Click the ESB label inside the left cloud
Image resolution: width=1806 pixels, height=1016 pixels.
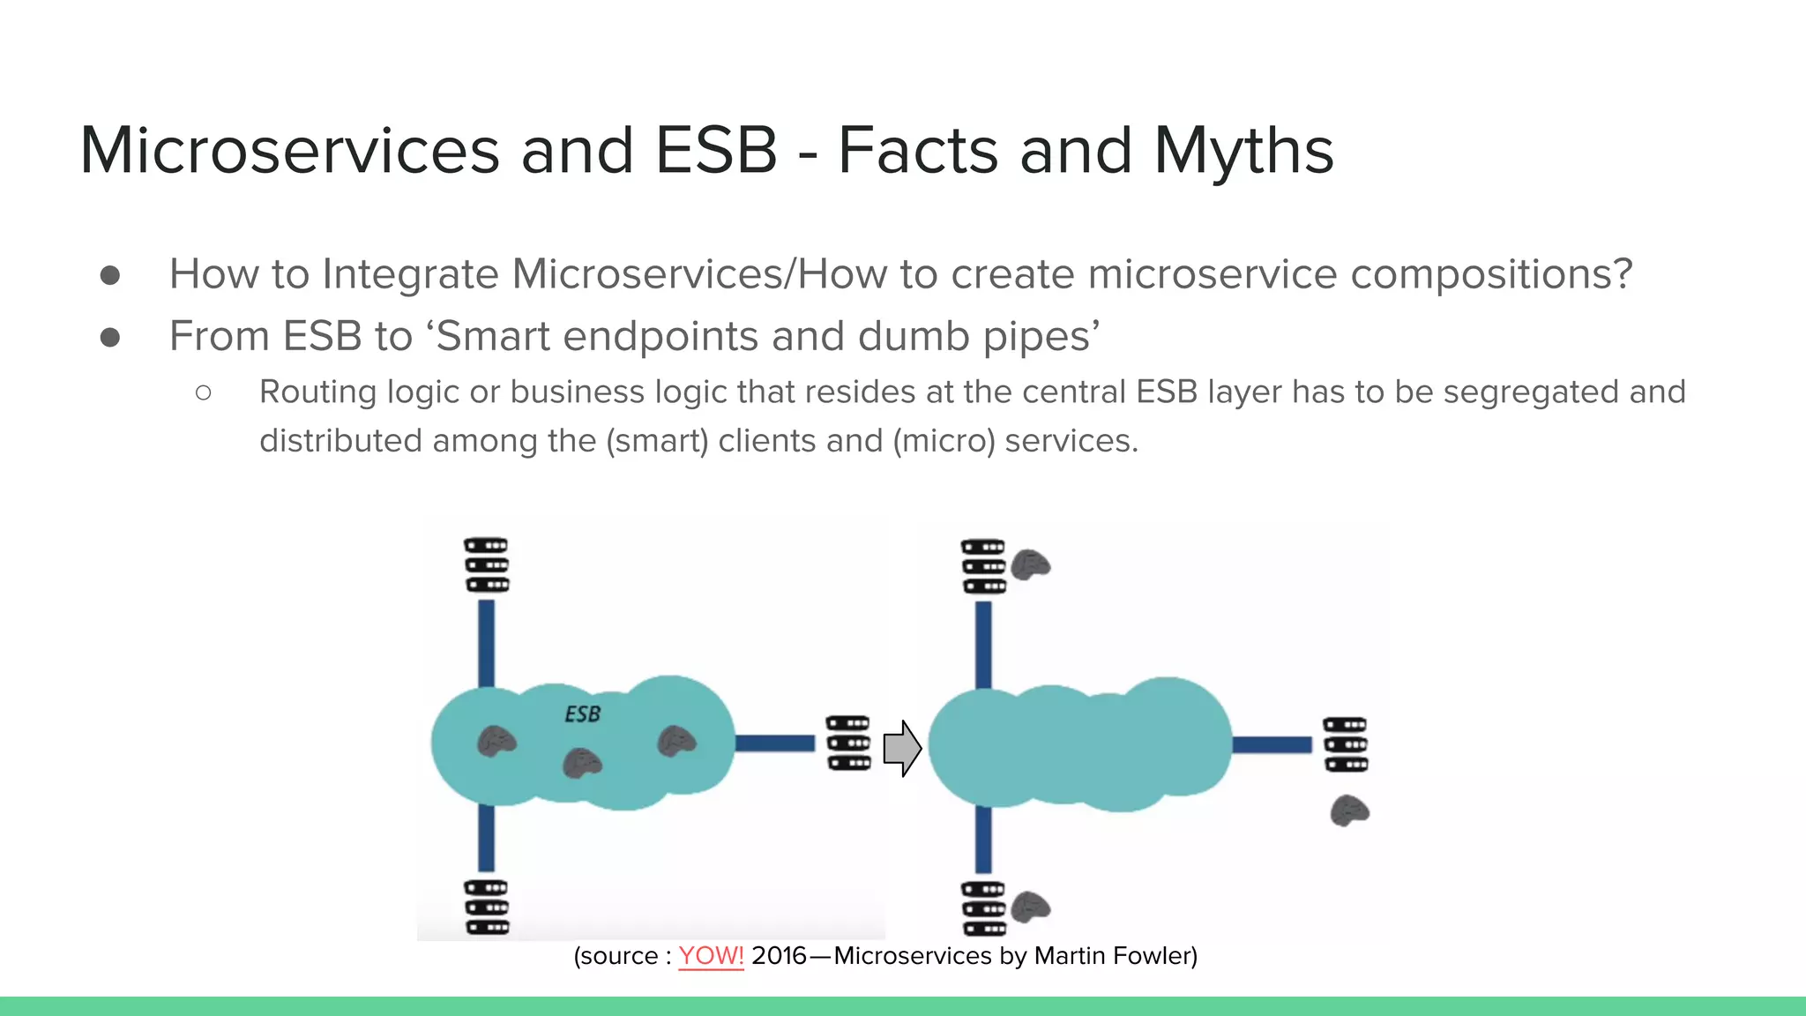click(x=582, y=713)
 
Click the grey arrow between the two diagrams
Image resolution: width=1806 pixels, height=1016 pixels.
click(x=902, y=748)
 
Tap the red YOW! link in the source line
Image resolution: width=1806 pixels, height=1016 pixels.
click(x=711, y=956)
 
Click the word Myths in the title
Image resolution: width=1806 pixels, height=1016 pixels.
click(x=1243, y=151)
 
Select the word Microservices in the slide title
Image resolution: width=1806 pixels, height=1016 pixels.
click(x=290, y=151)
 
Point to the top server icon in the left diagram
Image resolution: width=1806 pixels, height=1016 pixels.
click(x=487, y=565)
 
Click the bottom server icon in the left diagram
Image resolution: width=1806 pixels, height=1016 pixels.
click(x=487, y=907)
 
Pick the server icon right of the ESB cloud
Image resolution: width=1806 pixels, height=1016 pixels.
click(x=848, y=743)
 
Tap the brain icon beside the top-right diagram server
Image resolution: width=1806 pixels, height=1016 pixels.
click(x=1030, y=564)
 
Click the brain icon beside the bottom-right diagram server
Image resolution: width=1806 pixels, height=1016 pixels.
click(x=1030, y=907)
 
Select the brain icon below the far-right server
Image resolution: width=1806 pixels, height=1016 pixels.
click(x=1349, y=810)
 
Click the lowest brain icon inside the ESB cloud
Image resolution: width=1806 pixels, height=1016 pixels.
click(x=582, y=763)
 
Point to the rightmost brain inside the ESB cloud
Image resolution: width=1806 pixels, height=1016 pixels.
click(x=676, y=742)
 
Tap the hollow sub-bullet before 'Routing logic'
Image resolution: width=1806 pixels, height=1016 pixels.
click(x=204, y=392)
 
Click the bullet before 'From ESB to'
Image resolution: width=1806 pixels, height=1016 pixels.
click(x=110, y=337)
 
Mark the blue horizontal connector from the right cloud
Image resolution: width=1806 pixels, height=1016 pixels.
click(x=1272, y=744)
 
